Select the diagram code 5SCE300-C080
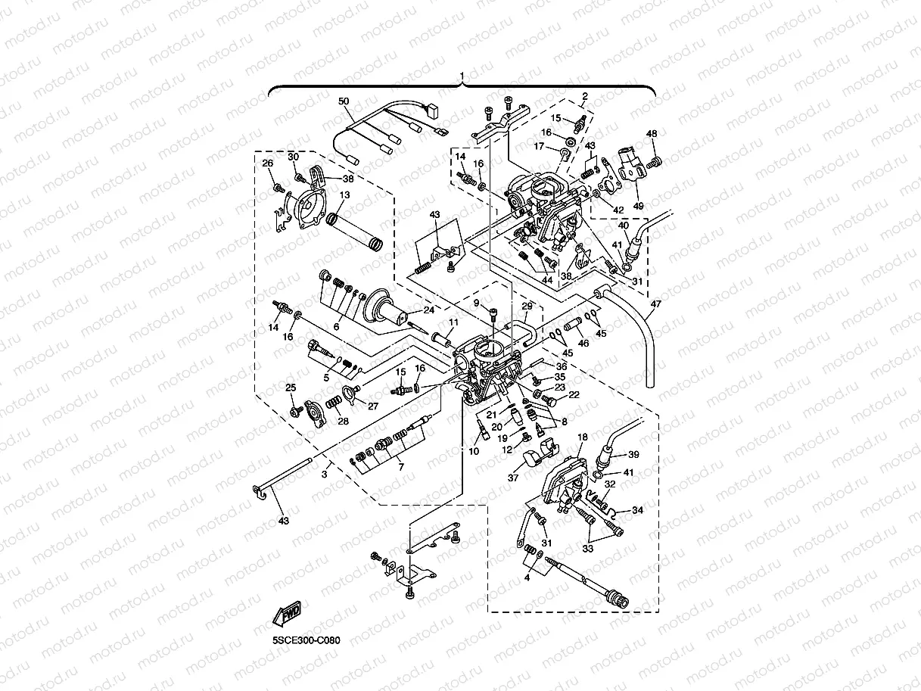click(x=306, y=640)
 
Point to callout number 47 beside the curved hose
click(x=655, y=304)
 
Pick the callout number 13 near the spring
click(x=344, y=195)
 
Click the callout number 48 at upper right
click(x=652, y=134)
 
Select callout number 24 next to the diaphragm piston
click(x=428, y=310)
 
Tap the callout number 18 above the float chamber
click(x=583, y=437)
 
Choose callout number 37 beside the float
click(x=512, y=478)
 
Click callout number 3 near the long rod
click(x=324, y=474)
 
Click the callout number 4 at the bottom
click(x=527, y=577)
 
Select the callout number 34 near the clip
click(x=638, y=510)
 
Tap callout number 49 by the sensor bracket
click(x=638, y=205)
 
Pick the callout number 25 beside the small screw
click(x=290, y=388)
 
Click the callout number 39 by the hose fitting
click(x=633, y=454)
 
